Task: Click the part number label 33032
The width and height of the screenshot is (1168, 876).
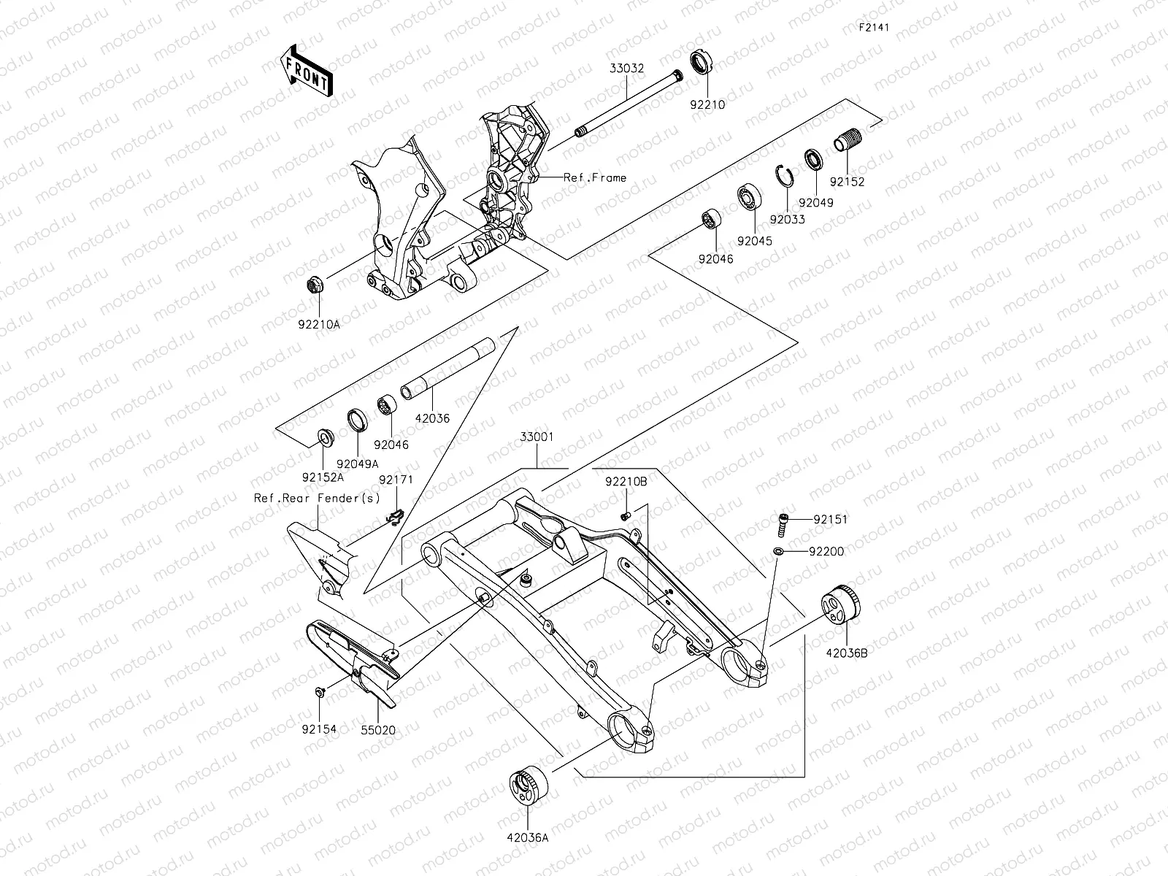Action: coord(627,69)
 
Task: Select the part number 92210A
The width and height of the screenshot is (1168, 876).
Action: coord(319,326)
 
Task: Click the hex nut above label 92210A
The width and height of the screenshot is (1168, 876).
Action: coord(316,285)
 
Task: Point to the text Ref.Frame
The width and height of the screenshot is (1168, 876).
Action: coord(594,177)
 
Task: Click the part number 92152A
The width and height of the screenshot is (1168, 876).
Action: coord(323,477)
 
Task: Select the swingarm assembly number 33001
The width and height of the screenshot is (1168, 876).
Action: coord(537,437)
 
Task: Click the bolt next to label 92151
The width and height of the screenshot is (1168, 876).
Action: coord(783,522)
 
